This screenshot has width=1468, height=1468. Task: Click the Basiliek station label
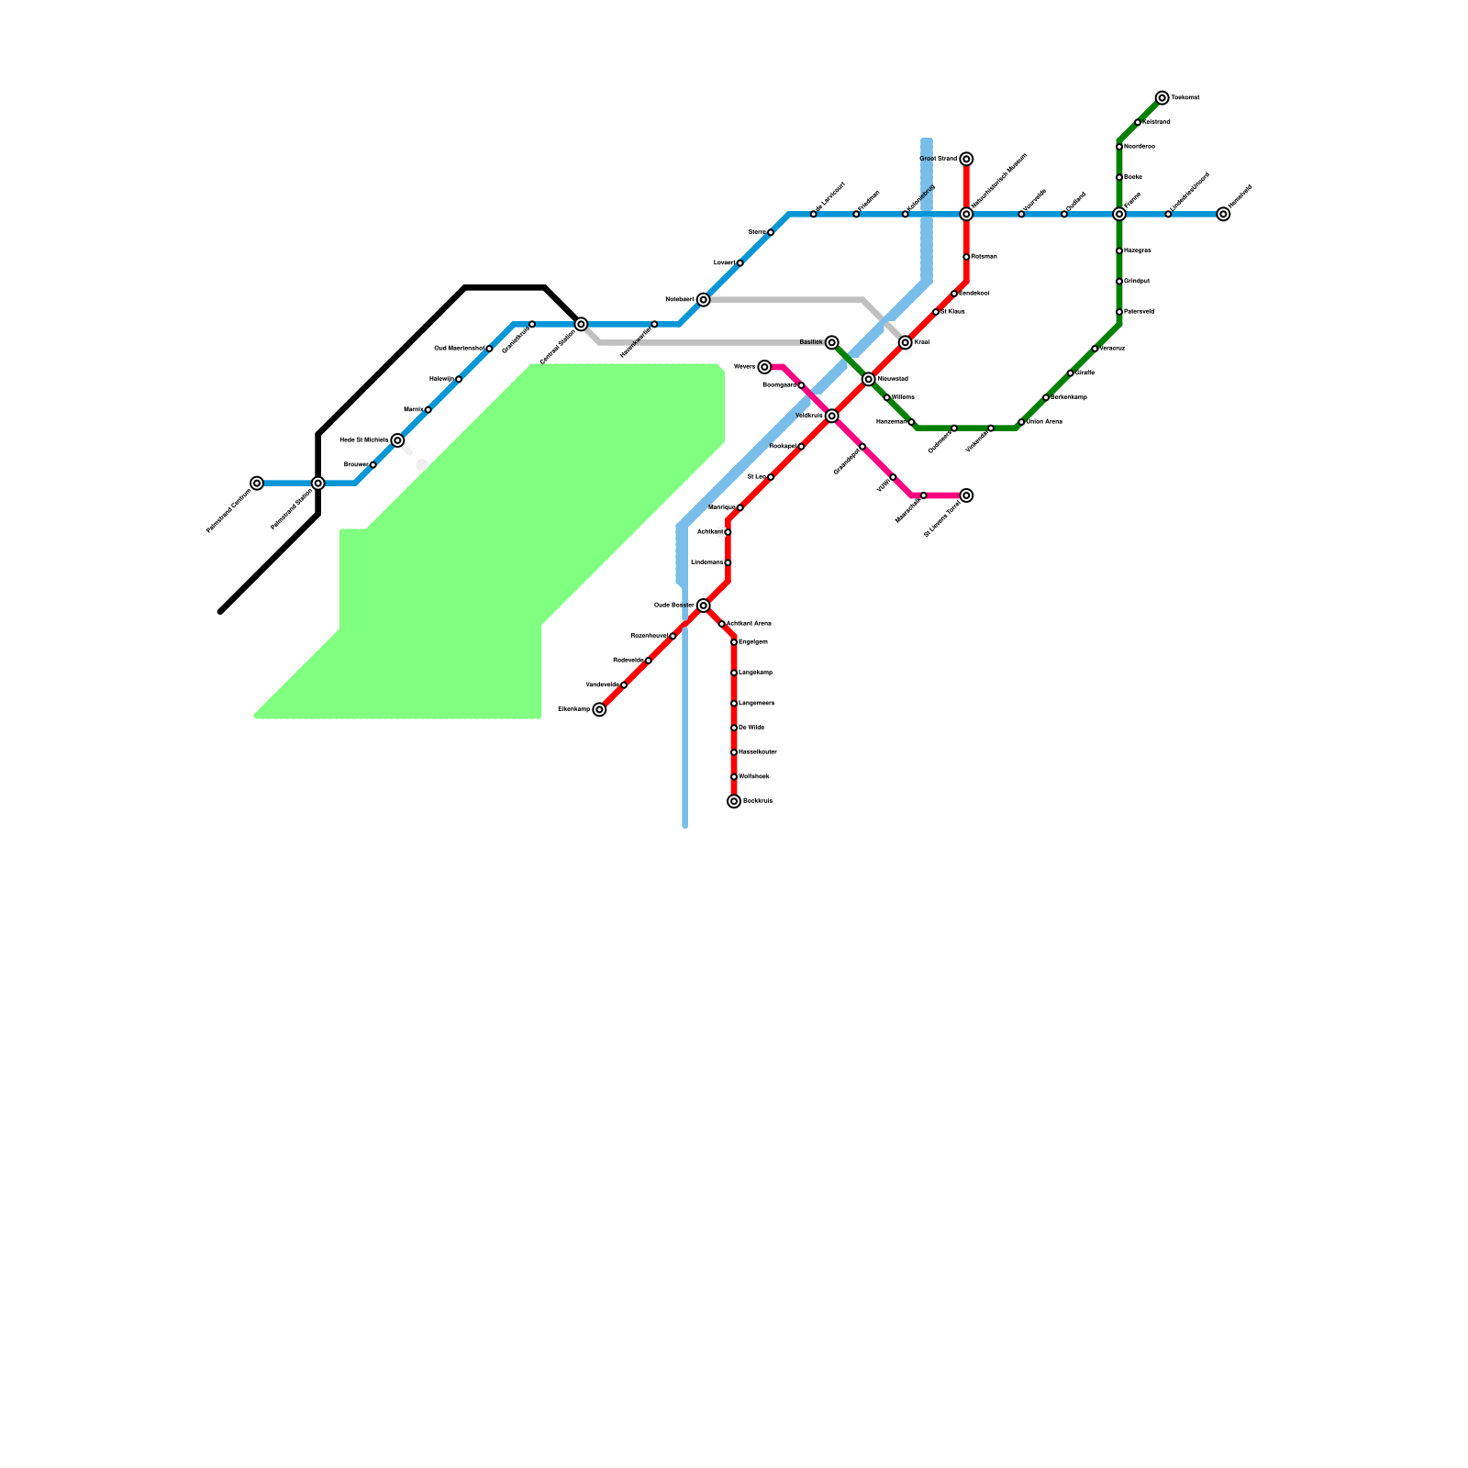point(811,342)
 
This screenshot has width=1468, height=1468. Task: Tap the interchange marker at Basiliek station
point(831,342)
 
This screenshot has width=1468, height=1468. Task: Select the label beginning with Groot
point(938,159)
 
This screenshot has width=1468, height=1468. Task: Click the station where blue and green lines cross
point(1119,214)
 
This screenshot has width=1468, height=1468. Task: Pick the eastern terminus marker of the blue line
point(1223,214)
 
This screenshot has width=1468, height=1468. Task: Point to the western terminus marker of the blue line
point(257,483)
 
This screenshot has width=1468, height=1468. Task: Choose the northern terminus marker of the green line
point(1162,97)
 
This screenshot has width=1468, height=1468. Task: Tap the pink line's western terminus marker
point(764,367)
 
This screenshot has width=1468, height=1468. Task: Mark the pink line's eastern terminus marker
point(966,495)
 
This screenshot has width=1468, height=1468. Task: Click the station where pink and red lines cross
point(831,416)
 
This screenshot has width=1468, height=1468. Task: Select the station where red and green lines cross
point(868,379)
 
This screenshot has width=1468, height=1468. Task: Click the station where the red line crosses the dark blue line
point(966,214)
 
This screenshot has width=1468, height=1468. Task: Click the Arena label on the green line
point(1044,422)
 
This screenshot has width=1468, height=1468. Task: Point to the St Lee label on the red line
point(756,477)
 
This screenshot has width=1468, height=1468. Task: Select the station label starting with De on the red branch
point(751,728)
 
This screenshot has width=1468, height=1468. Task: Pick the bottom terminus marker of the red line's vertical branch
point(734,801)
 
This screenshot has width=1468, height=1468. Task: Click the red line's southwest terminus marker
point(599,709)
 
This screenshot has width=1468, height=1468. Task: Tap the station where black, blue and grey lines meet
point(581,324)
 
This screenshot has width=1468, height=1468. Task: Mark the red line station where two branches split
point(703,606)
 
